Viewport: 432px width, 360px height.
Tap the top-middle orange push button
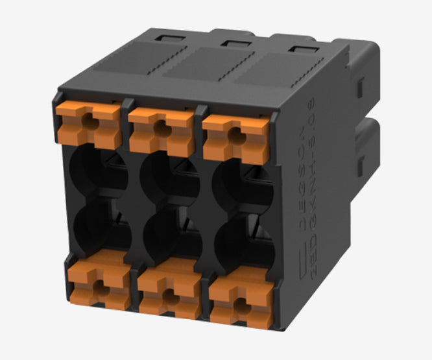(x=161, y=125)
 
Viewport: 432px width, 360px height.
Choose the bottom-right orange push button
(x=240, y=298)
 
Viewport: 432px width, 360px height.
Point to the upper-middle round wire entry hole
(x=167, y=174)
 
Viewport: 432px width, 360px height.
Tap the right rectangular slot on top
(x=299, y=49)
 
